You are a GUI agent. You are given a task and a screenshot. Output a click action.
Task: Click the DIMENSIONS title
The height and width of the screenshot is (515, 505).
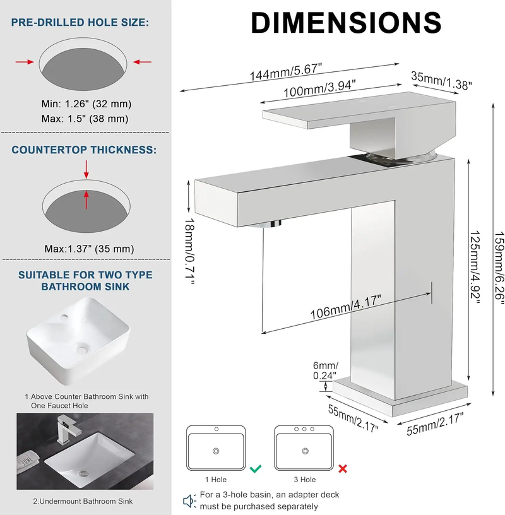[346, 22]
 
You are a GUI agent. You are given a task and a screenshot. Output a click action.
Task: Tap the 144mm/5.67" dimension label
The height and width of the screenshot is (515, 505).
[285, 72]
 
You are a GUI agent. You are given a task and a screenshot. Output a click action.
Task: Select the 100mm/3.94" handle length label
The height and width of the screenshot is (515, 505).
[319, 88]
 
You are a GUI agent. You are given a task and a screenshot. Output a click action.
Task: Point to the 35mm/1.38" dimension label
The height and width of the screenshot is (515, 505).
[441, 81]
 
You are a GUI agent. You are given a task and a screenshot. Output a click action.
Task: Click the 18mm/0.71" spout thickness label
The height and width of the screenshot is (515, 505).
[189, 251]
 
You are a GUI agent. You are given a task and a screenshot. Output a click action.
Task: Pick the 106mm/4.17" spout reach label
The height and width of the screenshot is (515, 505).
[346, 307]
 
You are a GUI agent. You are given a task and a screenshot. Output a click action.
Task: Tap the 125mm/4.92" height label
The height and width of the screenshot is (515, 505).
[475, 267]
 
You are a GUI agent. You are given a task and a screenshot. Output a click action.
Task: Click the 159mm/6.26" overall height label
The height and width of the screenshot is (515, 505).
[499, 268]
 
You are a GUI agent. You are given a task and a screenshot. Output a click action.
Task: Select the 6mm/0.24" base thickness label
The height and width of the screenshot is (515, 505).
[325, 370]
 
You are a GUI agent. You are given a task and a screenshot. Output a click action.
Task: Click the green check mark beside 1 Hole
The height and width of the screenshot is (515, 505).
[256, 468]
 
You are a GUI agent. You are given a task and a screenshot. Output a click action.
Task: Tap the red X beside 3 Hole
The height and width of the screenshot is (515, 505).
[343, 469]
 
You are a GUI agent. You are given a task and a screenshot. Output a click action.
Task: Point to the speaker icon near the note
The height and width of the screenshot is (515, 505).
[189, 501]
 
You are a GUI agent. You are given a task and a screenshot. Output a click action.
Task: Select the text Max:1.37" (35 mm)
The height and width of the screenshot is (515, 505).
[90, 249]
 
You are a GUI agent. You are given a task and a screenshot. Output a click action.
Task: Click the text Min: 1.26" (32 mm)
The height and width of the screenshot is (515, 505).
[86, 104]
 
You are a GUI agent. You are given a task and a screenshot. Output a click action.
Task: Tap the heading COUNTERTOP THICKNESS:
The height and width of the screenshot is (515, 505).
[84, 150]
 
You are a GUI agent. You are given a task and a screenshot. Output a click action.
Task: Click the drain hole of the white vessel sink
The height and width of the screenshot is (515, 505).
[82, 349]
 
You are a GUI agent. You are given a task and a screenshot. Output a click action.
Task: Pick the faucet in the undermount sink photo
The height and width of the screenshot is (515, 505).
[68, 430]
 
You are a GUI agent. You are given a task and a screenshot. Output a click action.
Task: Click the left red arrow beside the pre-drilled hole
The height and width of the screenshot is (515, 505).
[25, 62]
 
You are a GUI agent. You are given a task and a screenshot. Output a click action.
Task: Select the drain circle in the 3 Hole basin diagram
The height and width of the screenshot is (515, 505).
[306, 451]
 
